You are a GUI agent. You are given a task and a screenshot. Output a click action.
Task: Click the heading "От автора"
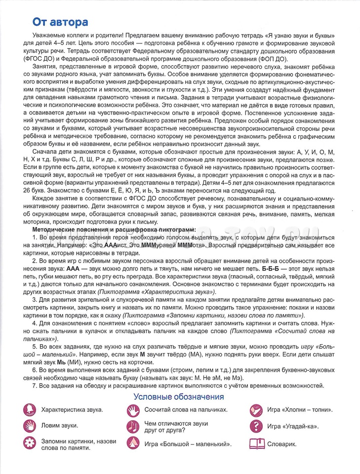(x=60, y=22)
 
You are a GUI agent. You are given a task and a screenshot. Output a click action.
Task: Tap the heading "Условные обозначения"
(x=179, y=396)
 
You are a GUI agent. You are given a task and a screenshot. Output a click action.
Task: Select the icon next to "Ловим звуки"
(x=30, y=426)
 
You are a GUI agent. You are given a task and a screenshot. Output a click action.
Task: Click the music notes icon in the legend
(x=133, y=426)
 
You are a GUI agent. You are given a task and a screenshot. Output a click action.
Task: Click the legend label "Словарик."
(x=282, y=443)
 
